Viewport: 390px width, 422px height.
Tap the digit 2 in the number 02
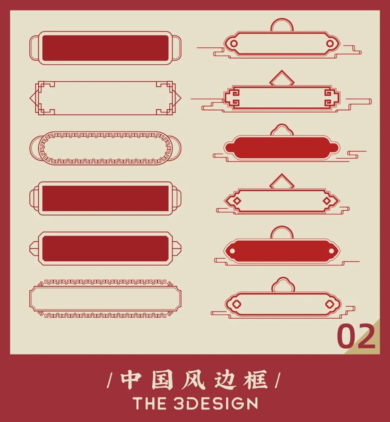(x=365, y=336)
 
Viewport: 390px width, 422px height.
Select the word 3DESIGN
(x=216, y=404)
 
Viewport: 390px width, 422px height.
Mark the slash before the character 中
(x=110, y=380)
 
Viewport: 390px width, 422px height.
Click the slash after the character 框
(x=278, y=380)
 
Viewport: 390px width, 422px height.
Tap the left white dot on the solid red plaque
(x=233, y=251)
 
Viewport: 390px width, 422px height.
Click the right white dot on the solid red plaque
(x=331, y=251)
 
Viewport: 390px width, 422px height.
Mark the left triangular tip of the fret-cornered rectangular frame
(x=30, y=98)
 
